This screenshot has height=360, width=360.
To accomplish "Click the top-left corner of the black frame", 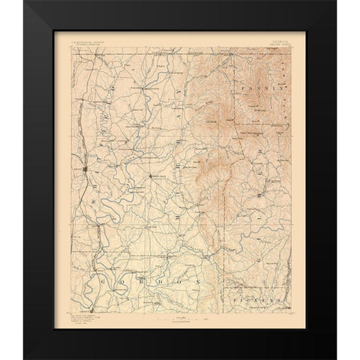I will pyautogui.click(x=24, y=2).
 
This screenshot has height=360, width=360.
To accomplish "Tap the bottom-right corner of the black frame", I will pyautogui.click(x=336, y=358).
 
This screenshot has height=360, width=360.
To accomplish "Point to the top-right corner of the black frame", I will pyautogui.click(x=336, y=2).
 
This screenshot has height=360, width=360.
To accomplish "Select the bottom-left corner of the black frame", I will pyautogui.click(x=24, y=358).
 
